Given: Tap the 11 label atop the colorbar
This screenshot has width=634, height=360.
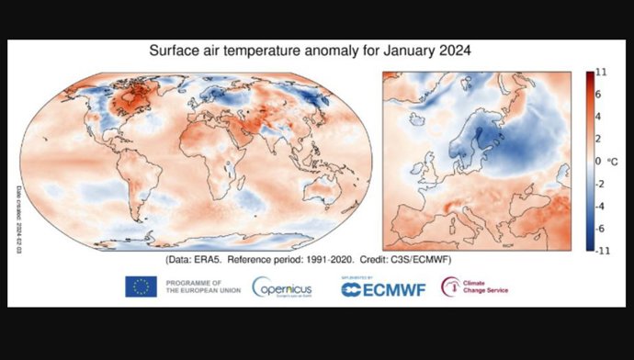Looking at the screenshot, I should pos(600,72).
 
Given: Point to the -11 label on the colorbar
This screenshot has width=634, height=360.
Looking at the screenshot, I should pos(601,249).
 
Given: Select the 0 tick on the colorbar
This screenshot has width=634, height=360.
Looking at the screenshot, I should pos(597,161).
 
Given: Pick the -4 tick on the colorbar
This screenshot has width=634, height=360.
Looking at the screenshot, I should pos(599,205).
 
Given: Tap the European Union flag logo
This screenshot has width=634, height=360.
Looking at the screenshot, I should pos(141,287).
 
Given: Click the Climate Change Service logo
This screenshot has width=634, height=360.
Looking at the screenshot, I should pos(474,287).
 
